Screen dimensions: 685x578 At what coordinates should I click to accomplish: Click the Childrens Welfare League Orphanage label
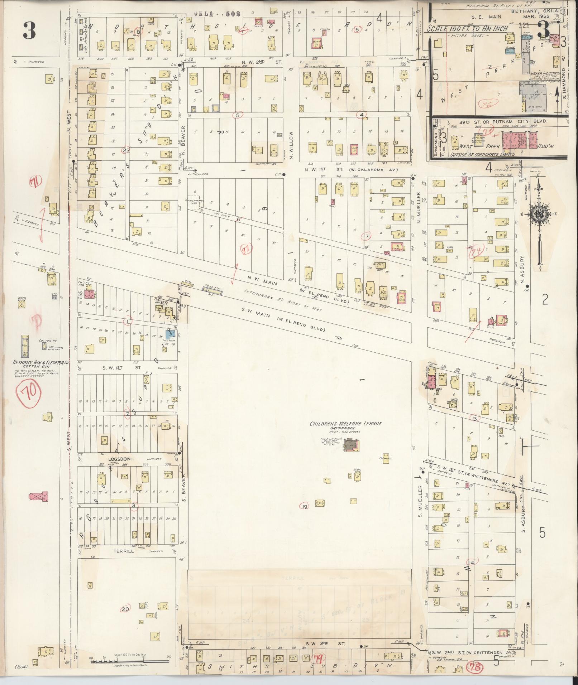pyautogui.click(x=345, y=426)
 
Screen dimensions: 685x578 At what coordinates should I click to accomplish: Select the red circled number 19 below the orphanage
pyautogui.click(x=305, y=507)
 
